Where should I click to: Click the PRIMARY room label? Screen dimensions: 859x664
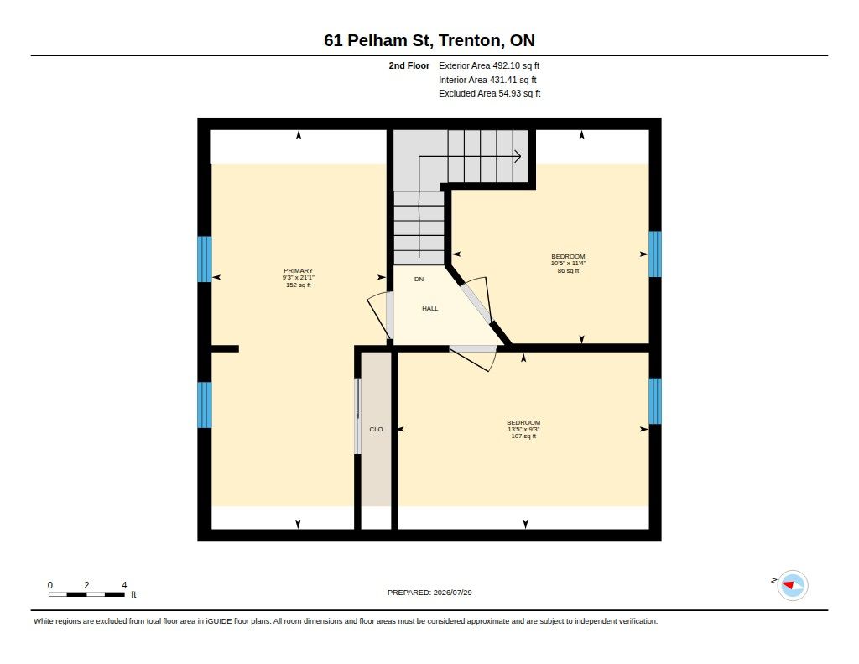298,270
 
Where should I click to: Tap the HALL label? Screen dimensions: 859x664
430,309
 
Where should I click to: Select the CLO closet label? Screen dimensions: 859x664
377,429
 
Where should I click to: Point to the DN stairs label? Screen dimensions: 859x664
419,279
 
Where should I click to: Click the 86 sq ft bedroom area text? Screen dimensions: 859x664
568,271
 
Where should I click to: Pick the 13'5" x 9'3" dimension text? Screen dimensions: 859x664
523,429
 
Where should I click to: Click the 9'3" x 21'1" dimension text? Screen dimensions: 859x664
299,278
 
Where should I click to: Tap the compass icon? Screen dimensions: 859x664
793,586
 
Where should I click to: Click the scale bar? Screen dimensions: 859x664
86,594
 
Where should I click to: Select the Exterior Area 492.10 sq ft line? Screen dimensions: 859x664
489,65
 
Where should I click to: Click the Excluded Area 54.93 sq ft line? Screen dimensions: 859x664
489,94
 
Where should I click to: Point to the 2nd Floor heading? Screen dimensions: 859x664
409,65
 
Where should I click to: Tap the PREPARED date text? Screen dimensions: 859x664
429,593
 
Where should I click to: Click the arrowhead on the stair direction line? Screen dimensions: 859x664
518,157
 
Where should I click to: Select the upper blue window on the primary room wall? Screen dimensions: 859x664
205,259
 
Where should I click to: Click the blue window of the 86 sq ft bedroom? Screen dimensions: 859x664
654,254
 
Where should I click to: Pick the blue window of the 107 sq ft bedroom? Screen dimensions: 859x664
654,400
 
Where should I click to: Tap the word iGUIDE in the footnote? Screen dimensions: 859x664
220,621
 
